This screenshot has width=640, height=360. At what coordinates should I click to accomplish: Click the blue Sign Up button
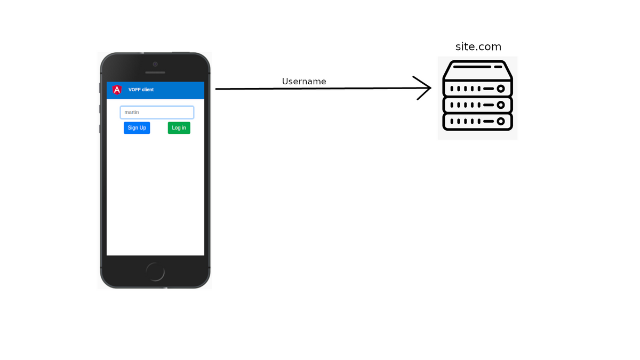click(x=137, y=128)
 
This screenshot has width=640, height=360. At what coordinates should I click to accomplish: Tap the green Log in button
click(x=179, y=128)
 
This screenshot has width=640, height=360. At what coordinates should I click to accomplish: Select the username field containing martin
click(x=157, y=113)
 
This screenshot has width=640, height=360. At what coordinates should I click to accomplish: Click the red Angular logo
click(x=117, y=90)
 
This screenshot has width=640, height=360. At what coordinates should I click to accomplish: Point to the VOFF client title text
click(x=141, y=90)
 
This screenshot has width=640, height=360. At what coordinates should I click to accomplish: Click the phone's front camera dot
click(x=155, y=64)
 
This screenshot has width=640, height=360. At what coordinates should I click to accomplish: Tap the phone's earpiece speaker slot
click(x=155, y=73)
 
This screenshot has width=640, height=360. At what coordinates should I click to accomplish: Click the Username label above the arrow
click(x=304, y=82)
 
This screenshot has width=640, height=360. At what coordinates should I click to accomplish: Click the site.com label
click(x=478, y=47)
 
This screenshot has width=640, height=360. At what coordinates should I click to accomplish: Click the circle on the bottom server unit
click(x=501, y=122)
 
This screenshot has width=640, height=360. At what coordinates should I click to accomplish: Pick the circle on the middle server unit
click(x=501, y=105)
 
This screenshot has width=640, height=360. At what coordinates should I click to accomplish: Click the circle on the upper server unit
click(x=501, y=89)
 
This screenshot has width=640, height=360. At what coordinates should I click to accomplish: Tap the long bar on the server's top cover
click(x=471, y=67)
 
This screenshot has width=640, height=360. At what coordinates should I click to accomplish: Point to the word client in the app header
click(x=147, y=90)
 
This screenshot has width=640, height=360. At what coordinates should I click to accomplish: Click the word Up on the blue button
click(x=143, y=128)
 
